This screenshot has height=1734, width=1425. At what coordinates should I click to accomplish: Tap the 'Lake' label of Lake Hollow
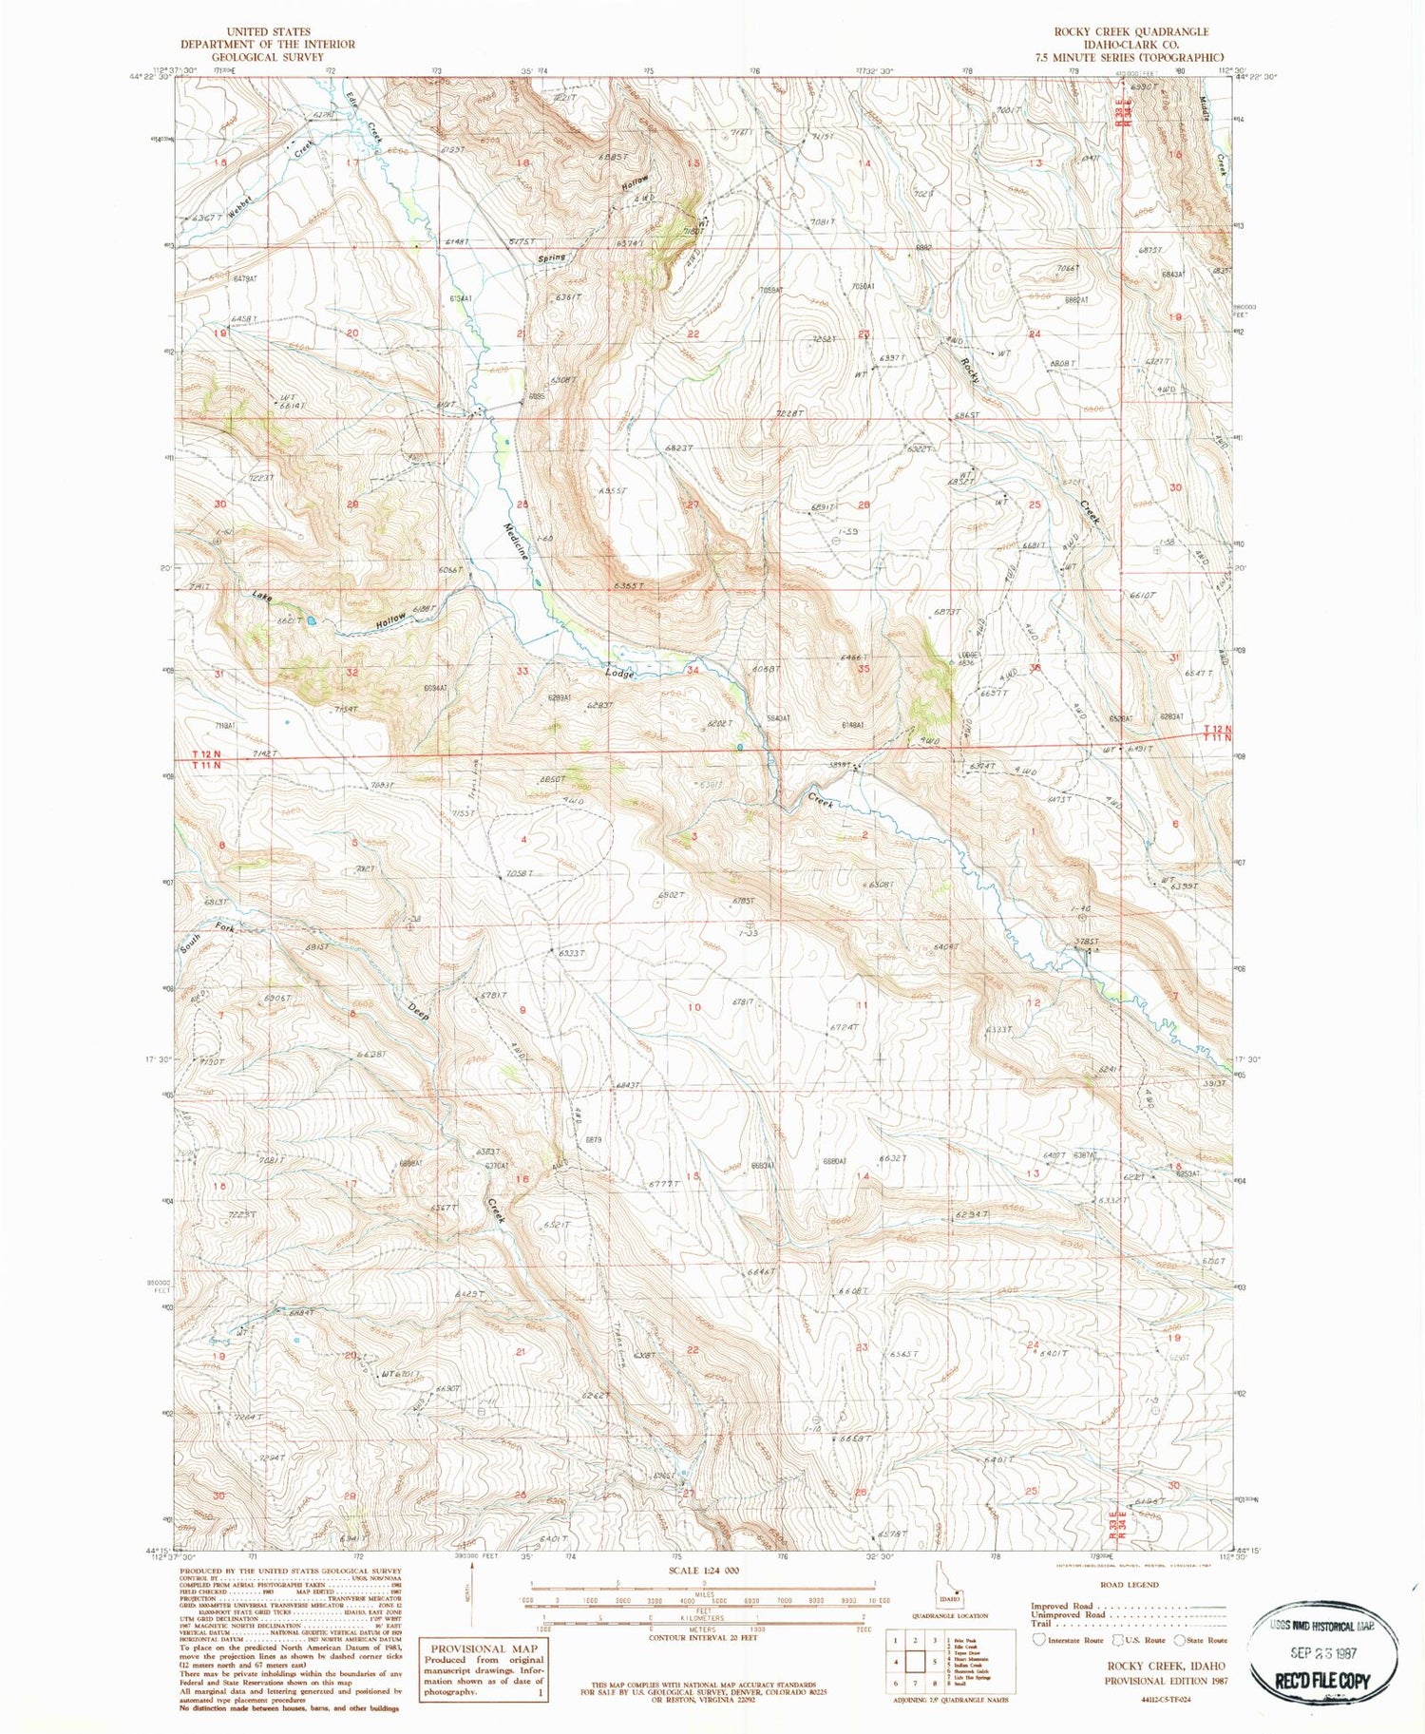[x=262, y=596]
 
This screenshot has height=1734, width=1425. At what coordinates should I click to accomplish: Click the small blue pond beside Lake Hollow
[x=310, y=621]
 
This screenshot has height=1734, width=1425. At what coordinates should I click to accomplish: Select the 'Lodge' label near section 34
[x=619, y=674]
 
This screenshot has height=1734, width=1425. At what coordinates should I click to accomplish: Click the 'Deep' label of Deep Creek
[x=419, y=1010]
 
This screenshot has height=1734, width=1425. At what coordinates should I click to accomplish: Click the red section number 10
[x=694, y=1006]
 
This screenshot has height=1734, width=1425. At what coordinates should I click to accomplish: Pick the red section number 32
[x=351, y=673]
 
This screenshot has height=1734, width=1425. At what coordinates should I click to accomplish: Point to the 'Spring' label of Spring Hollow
[x=552, y=257]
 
